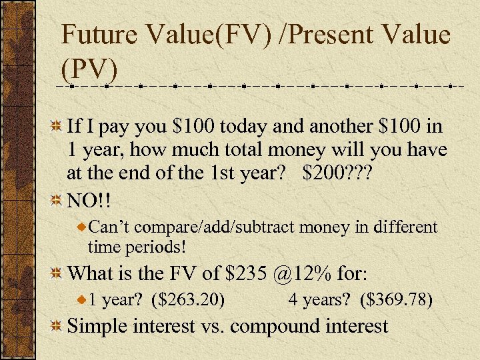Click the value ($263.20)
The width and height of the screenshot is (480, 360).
point(189,300)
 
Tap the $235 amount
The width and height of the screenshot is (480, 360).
point(250,273)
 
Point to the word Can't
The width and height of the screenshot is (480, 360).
point(107,227)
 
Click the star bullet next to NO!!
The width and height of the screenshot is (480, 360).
point(57,200)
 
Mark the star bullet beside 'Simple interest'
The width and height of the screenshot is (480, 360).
point(57,326)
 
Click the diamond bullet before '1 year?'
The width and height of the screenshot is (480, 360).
point(81,301)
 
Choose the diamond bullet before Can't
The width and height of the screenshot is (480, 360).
point(81,228)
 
